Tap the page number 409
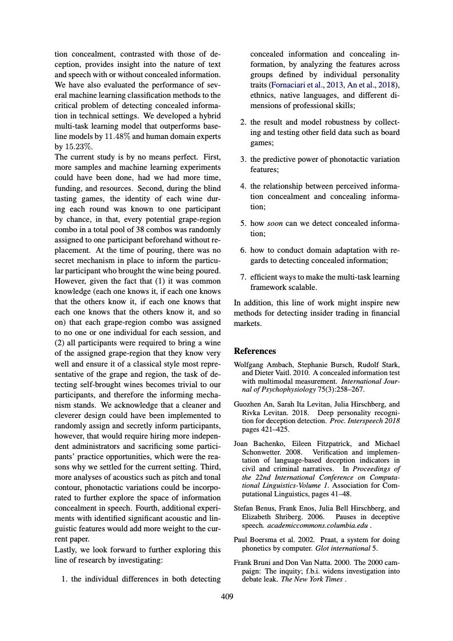click(x=227, y=597)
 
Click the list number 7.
click(x=242, y=277)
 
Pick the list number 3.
click(x=242, y=160)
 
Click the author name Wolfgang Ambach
click(x=263, y=364)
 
